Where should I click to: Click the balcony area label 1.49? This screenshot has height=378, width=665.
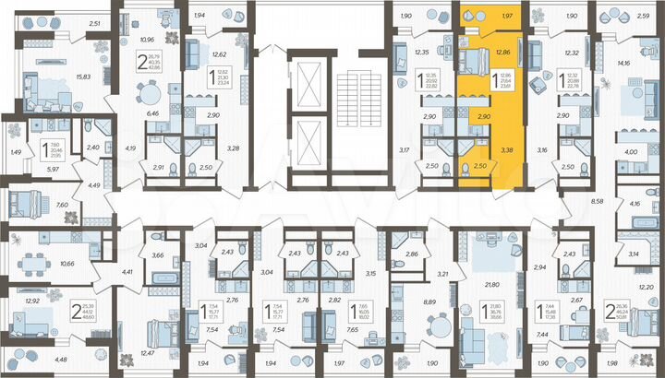(x=14, y=152)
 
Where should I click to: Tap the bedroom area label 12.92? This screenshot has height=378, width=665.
(x=31, y=301)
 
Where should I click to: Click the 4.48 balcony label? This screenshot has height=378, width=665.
(x=60, y=360)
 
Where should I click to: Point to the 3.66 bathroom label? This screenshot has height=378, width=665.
(x=158, y=255)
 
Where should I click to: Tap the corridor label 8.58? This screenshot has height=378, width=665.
(x=596, y=199)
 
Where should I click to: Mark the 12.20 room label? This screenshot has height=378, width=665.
(x=646, y=289)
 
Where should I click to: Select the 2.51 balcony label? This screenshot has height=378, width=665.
(x=93, y=24)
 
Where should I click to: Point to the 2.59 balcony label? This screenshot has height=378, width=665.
(x=643, y=17)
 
